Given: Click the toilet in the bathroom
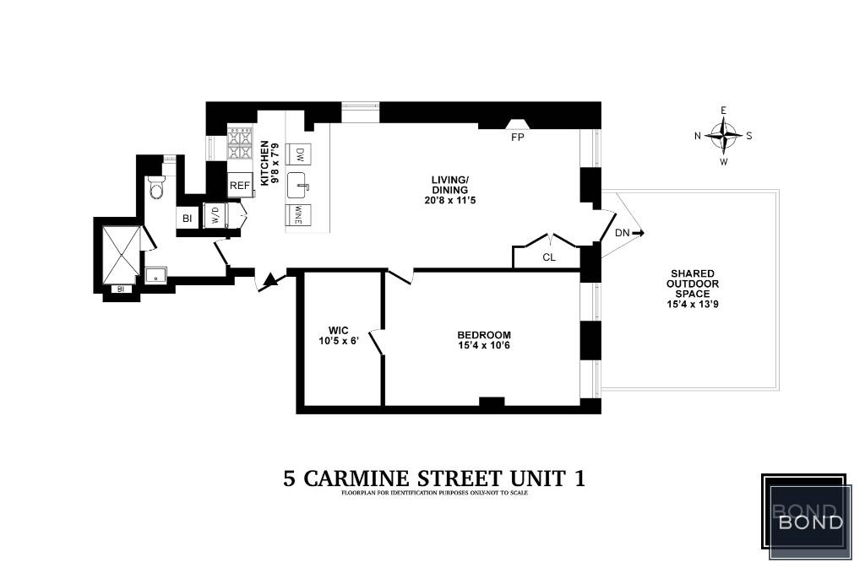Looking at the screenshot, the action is coord(155,189).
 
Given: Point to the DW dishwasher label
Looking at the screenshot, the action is coord(300,154).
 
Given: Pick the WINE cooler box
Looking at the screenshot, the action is coord(299,215).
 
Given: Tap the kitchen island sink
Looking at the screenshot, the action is coord(299,184).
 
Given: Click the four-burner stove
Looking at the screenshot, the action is coord(241,144).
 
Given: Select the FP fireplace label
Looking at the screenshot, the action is coord(517,136).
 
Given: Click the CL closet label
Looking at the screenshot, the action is coord(549,257).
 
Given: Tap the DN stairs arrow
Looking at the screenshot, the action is coord(628,233).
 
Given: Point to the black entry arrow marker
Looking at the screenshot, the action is coord(269,280).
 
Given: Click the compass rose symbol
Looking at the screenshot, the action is coord(723,135).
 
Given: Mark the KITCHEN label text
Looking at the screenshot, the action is coord(264,163).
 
